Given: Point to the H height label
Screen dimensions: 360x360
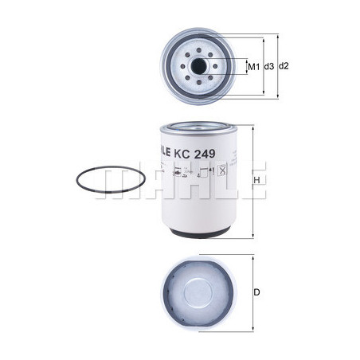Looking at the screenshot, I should [257, 182].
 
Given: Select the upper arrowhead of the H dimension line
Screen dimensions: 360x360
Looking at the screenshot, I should [252, 126].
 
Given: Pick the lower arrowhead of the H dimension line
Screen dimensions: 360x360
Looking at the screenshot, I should [252, 237].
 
